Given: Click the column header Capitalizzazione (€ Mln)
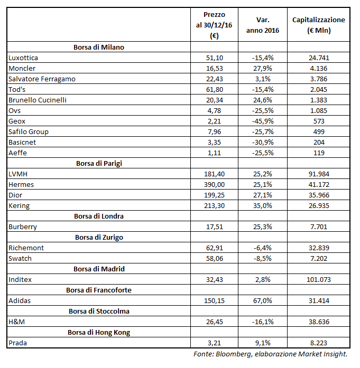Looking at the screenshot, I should click(x=318, y=25).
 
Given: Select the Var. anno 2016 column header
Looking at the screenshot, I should click(x=263, y=25).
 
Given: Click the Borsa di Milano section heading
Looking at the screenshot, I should click(x=99, y=47).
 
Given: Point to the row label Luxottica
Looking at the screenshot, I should click(x=23, y=58).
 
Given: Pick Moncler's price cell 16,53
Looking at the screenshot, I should click(x=215, y=68).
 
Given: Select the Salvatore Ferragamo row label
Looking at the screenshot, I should click(x=42, y=79).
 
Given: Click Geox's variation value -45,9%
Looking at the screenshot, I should click(x=263, y=121).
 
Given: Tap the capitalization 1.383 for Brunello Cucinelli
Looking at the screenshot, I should click(x=319, y=100).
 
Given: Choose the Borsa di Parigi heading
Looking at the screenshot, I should click(x=99, y=163).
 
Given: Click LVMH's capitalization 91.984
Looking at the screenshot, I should click(x=319, y=174).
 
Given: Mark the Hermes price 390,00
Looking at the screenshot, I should click(x=215, y=184).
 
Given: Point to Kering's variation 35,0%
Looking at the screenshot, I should click(x=263, y=205).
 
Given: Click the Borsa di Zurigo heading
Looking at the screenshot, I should click(x=99, y=237).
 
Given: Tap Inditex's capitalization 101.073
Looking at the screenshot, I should click(x=319, y=279).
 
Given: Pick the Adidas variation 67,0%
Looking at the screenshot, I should click(x=263, y=300).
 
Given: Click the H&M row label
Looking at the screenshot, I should click(x=16, y=322).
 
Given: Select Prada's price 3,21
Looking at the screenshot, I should click(x=215, y=343).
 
